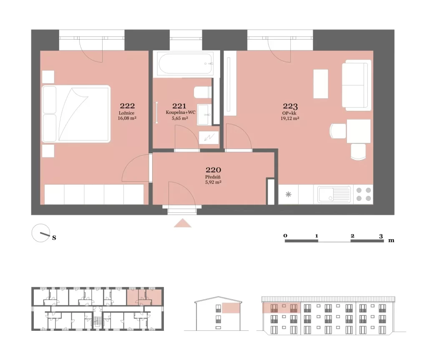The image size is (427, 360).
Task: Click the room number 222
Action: point(127,106)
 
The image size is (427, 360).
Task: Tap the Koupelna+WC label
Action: point(181,112)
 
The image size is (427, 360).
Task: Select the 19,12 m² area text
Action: point(290,118)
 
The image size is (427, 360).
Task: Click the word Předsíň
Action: point(213,177)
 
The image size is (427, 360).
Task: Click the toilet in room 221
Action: point(203,92)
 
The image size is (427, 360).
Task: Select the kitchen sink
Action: point(334,194)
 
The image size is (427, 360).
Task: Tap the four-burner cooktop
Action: point(364,194)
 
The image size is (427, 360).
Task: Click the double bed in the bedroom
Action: point(76,114)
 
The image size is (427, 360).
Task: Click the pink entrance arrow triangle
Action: point(183,223)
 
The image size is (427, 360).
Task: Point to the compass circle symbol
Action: point(41,233)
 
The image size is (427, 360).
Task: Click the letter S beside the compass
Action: point(54,238)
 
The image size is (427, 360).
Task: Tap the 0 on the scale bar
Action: point(285,235)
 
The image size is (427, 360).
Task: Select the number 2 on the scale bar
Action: point(352,236)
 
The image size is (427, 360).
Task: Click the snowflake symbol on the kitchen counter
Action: point(289,194)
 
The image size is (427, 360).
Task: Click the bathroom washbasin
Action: point(204,115)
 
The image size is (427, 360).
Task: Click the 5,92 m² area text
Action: point(213,182)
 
